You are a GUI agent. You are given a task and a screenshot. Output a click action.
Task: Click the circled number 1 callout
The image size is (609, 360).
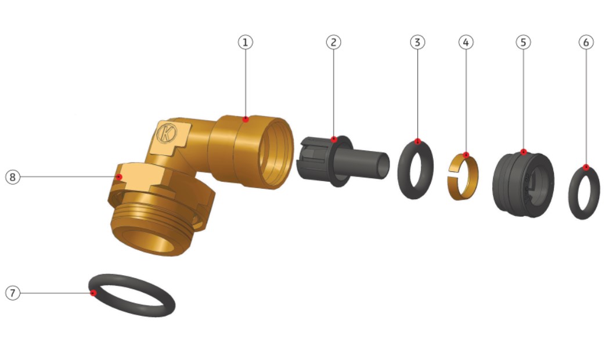(x=246, y=42)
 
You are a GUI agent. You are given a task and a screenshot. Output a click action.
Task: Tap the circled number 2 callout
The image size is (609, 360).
(x=334, y=42)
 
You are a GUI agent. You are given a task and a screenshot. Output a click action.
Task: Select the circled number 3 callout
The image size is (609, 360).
(x=417, y=42)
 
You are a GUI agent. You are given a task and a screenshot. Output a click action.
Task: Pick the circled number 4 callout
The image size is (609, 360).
(x=466, y=42)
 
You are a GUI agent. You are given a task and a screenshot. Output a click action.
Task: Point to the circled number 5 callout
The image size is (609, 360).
(x=523, y=42)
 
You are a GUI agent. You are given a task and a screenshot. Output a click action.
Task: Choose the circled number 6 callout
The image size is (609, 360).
(x=586, y=42)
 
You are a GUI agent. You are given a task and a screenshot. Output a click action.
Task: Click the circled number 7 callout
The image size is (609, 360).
(x=13, y=293)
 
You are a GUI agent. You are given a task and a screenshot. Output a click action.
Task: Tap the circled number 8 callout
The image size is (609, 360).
(x=13, y=177)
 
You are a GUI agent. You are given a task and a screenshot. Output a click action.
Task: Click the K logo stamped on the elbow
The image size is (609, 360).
(x=167, y=134)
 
